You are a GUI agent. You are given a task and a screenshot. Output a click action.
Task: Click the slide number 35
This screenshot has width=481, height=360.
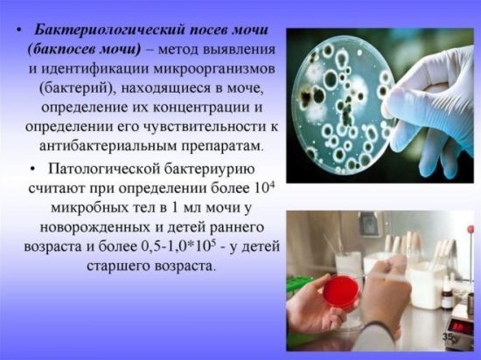coord(448,336)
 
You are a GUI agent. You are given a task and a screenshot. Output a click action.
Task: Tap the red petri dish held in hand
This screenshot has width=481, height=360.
coord(341,292)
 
